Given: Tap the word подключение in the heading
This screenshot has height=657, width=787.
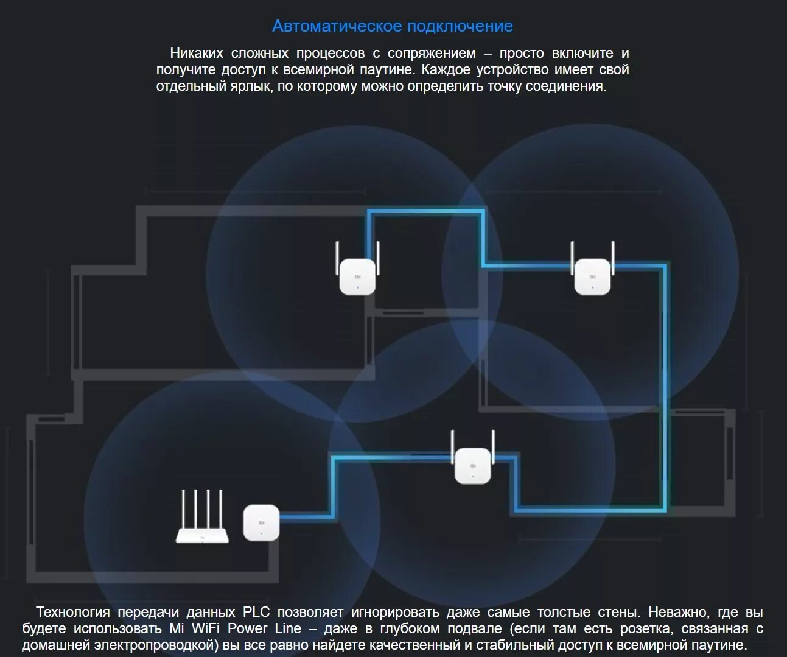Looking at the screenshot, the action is [x=460, y=26].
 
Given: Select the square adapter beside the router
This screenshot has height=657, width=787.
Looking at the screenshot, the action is [x=261, y=522].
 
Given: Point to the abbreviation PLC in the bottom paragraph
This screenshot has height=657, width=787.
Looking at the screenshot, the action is [x=256, y=612].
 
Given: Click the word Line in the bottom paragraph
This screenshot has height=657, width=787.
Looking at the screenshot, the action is [x=288, y=628].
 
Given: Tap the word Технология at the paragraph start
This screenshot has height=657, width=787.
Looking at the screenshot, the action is [x=73, y=612].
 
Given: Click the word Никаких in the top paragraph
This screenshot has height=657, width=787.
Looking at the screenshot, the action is [x=197, y=54].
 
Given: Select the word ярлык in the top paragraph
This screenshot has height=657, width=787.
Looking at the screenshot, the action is [x=252, y=86].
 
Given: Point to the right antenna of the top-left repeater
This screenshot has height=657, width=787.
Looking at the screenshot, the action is [x=378, y=258].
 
